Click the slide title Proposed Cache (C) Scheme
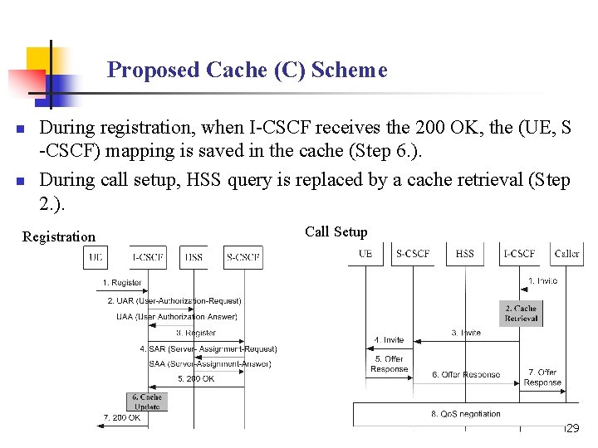(x=247, y=70)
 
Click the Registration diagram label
(x=59, y=236)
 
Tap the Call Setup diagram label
(x=336, y=231)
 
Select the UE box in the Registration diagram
(x=96, y=258)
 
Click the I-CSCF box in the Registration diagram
(x=148, y=258)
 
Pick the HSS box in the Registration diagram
(x=194, y=258)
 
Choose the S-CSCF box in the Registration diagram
(x=243, y=258)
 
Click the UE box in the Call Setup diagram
(x=365, y=254)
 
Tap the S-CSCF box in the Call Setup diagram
(x=413, y=254)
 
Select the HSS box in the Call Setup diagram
(x=465, y=254)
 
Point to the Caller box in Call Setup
(x=567, y=254)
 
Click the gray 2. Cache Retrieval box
(x=521, y=313)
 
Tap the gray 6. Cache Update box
(x=147, y=402)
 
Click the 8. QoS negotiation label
(x=465, y=413)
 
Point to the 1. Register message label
(x=122, y=284)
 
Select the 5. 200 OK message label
(x=195, y=379)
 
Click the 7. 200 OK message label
(x=121, y=417)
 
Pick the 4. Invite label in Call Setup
(x=389, y=339)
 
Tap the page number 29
(x=571, y=429)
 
